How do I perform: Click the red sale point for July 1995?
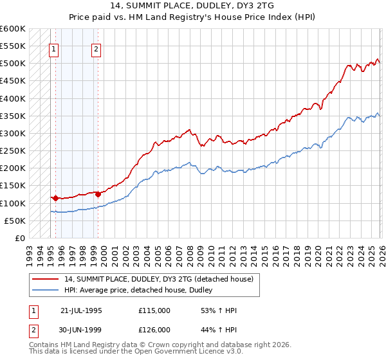point(56,198)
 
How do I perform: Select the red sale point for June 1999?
point(98,194)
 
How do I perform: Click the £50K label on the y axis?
point(15,221)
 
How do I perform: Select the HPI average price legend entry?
point(142,291)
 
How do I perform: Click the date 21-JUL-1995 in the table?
point(81,310)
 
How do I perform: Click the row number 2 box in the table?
point(33,331)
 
